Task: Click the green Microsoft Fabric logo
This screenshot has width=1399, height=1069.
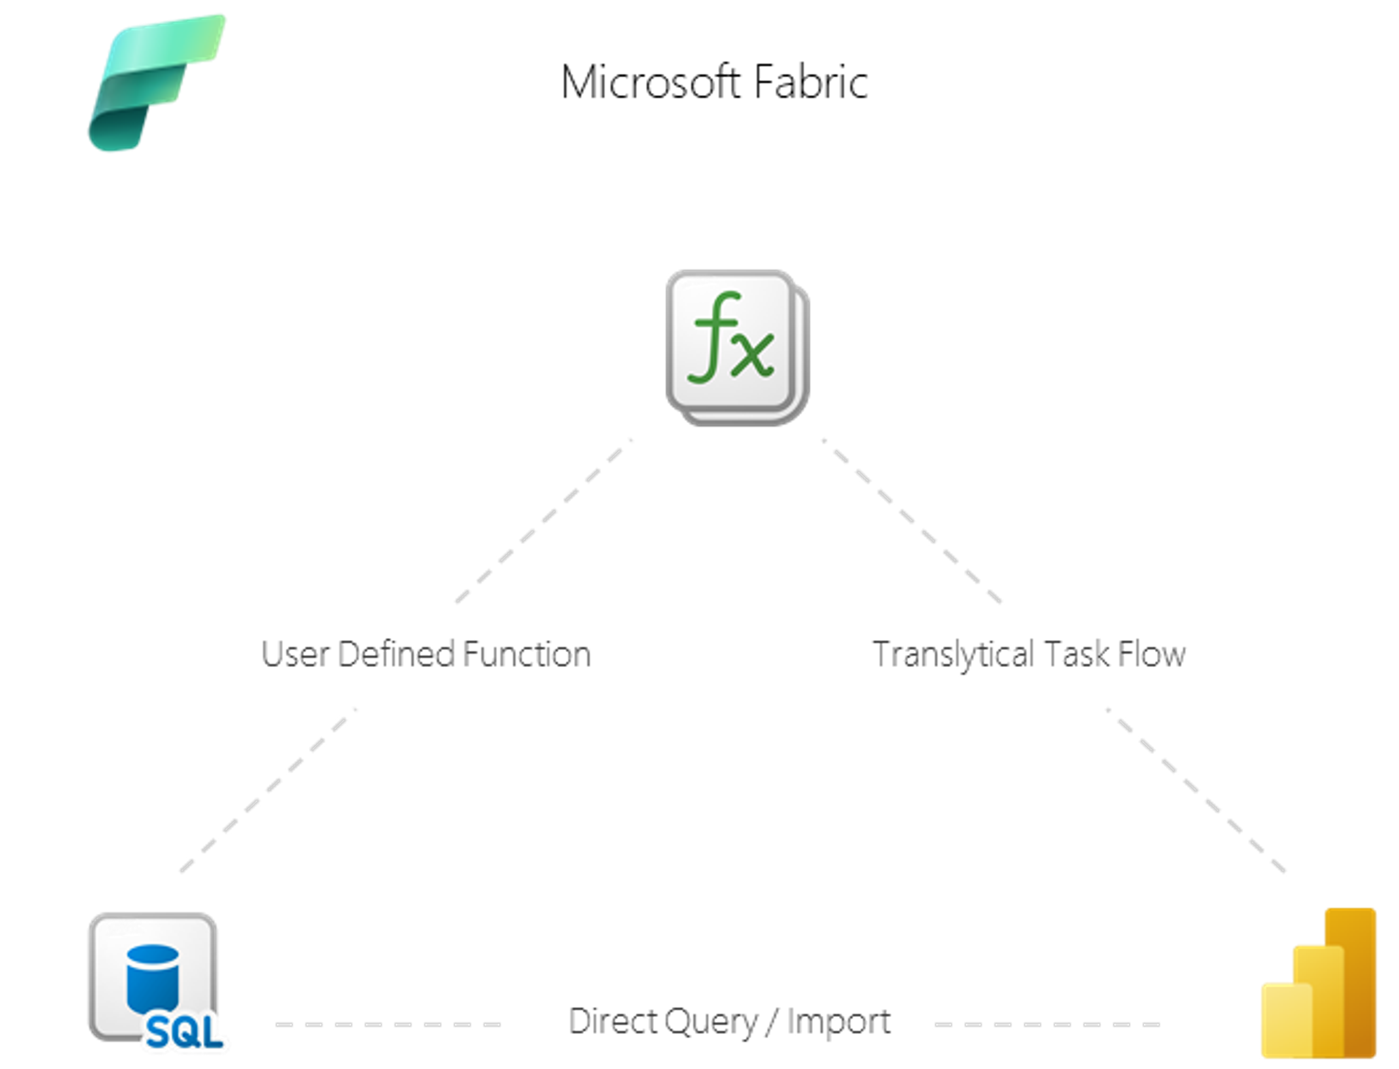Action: point(156,83)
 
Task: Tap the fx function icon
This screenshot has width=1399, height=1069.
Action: point(736,347)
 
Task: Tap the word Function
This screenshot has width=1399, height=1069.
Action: point(526,654)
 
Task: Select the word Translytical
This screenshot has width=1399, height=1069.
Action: point(954,654)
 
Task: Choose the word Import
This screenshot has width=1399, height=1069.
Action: point(838,1021)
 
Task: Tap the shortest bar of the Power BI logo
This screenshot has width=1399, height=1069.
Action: point(1286,1025)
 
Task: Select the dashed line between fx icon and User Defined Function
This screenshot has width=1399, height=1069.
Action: point(544,521)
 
